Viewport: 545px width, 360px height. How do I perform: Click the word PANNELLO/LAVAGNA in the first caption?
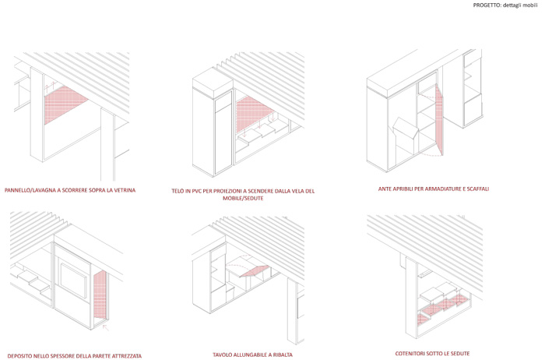[30, 190]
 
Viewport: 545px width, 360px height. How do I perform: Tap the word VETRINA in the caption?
[124, 190]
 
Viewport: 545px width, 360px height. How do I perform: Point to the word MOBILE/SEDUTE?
[243, 198]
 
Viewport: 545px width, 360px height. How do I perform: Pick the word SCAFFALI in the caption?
[479, 189]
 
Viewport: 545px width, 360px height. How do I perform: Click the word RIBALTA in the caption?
[282, 355]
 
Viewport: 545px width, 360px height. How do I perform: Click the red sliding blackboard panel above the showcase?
[65, 104]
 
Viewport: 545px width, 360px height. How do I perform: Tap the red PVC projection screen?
[253, 114]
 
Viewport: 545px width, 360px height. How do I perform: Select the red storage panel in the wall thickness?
[100, 295]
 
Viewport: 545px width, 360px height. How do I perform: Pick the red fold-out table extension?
[255, 271]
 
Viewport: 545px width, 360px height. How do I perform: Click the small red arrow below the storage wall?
[106, 327]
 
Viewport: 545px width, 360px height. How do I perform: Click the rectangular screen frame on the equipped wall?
[73, 281]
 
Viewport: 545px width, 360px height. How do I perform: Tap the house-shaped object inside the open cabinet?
[406, 134]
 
